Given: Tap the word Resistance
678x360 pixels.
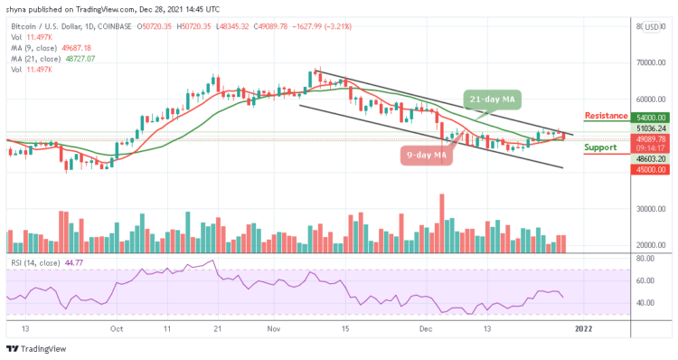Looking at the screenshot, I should [x=607, y=116].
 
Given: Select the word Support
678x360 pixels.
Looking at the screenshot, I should [x=600, y=147].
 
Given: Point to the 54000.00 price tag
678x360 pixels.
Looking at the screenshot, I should [x=650, y=118].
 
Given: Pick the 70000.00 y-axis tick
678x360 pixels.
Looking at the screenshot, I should [x=650, y=63].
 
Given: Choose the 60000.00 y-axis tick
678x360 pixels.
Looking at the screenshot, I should [x=650, y=99].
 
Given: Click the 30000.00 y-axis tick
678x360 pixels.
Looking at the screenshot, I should [x=650, y=209].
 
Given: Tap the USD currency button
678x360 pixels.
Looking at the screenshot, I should [x=651, y=26].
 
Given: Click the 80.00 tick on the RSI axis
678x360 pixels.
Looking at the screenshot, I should [x=645, y=258].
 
